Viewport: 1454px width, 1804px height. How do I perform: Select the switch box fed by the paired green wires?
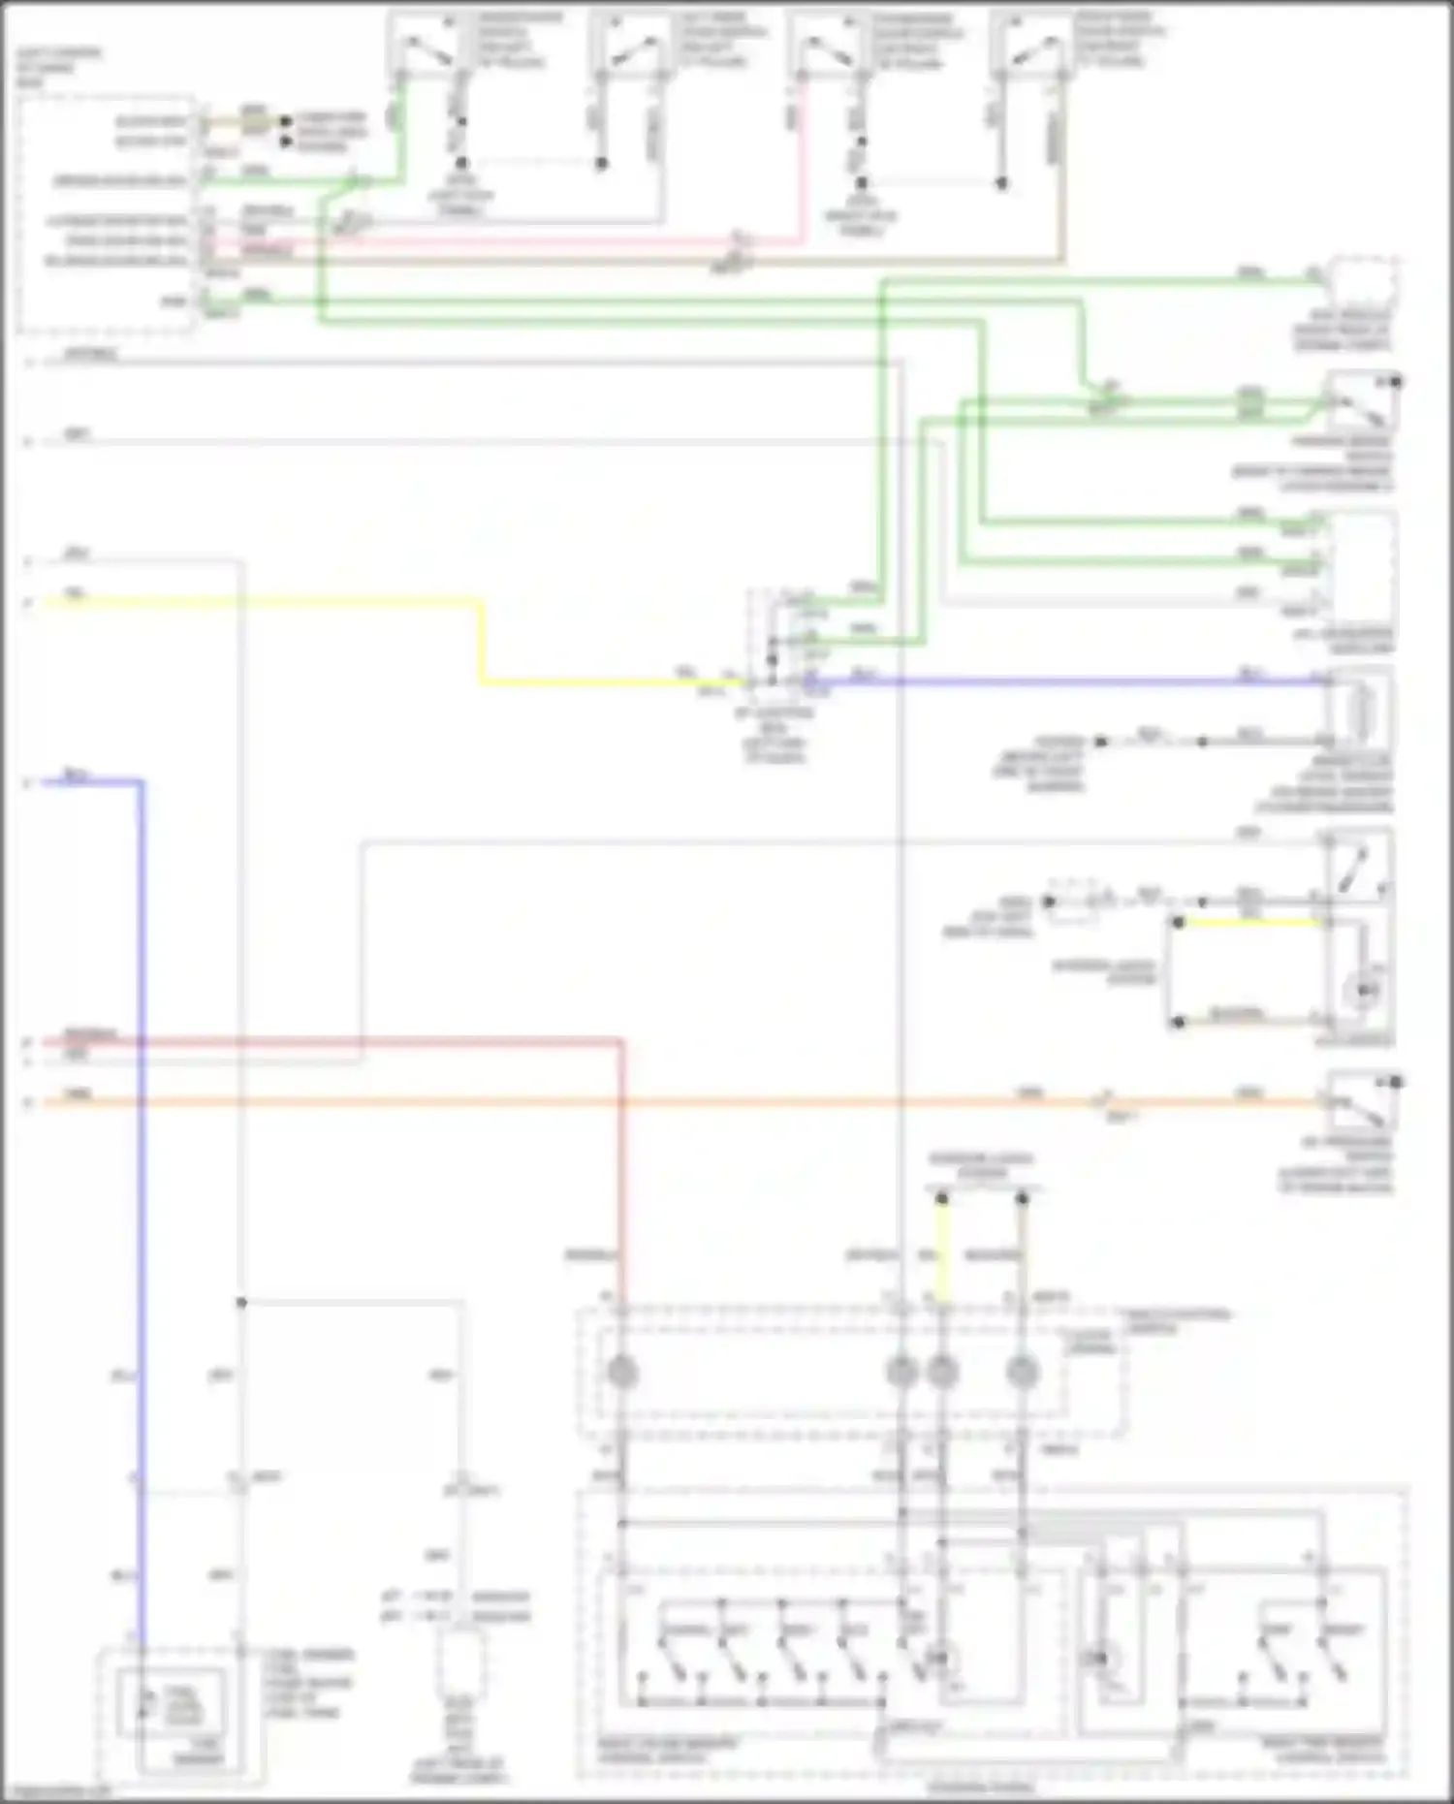[1362, 402]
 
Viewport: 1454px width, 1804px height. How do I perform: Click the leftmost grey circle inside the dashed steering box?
[621, 1372]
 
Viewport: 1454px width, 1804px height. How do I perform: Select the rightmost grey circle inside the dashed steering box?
[1022, 1372]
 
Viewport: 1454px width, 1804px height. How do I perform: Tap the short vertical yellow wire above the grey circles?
[941, 1250]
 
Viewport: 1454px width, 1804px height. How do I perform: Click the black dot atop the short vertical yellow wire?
[941, 1200]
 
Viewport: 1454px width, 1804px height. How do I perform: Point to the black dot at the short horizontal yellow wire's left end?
[1178, 922]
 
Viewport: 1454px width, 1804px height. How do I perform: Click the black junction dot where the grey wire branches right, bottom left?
[241, 1302]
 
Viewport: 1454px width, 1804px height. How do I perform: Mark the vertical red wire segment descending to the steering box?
[621, 1163]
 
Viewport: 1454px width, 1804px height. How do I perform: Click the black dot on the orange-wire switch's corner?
[1396, 1081]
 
